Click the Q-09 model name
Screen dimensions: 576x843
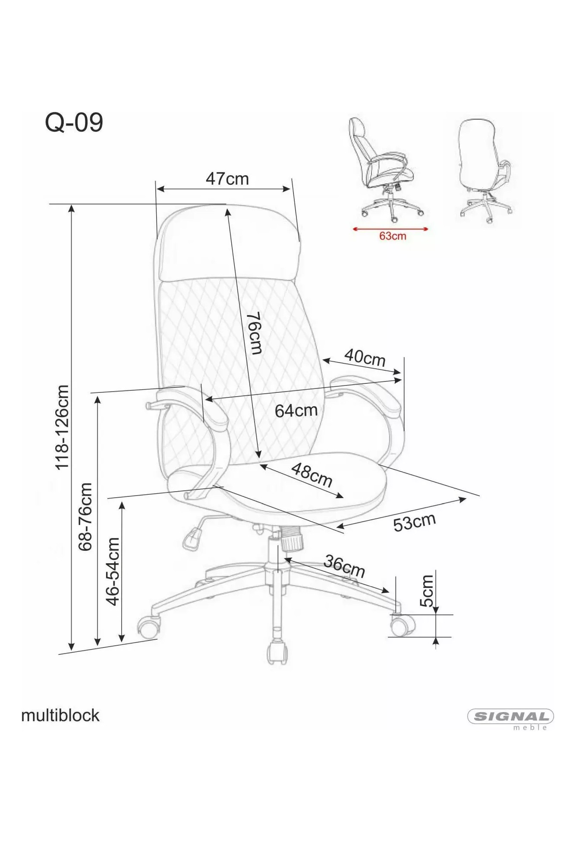(x=74, y=123)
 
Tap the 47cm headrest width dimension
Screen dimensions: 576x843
(x=227, y=179)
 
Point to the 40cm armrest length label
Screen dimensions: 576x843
(x=365, y=358)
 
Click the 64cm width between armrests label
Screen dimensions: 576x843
(x=296, y=410)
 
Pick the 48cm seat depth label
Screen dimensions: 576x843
(x=312, y=475)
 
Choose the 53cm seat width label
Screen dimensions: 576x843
(x=414, y=522)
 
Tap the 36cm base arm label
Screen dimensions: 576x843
(x=344, y=566)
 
